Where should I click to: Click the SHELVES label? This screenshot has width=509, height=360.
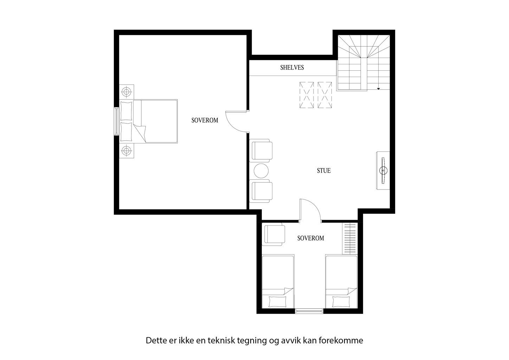pos(292,67)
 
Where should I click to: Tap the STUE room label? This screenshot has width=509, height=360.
pos(324,171)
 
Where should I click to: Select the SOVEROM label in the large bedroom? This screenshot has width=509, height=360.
pos(205,120)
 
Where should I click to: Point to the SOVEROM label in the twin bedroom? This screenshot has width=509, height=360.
pos(310,238)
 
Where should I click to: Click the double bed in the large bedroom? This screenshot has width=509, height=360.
pos(155,121)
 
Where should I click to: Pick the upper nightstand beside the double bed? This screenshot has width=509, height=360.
pos(126,92)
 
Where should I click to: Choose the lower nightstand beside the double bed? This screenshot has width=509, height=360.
pos(126,151)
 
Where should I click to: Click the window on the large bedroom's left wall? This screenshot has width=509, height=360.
pos(116,121)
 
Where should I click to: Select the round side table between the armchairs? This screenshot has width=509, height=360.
pos(261,171)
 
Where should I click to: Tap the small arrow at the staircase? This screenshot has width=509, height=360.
pos(379,88)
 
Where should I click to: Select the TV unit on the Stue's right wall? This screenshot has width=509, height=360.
pos(383,171)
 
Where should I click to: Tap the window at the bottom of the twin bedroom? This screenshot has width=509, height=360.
pos(309,311)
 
